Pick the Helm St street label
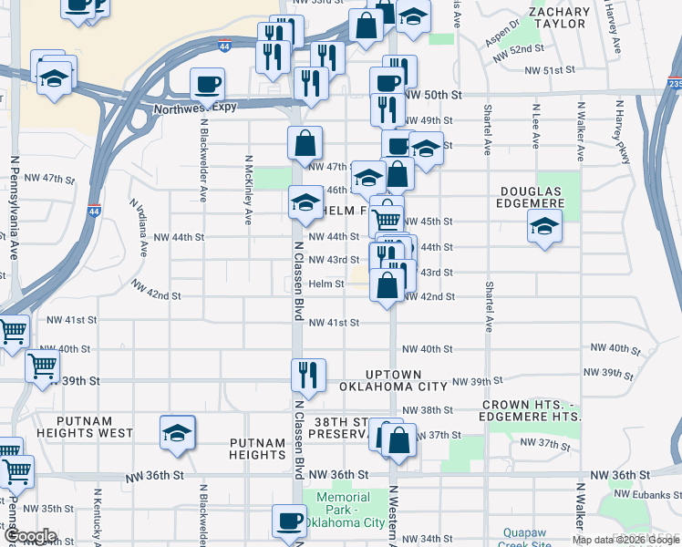pos(325,284)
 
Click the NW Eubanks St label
pos(649,494)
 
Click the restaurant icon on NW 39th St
pos(307,375)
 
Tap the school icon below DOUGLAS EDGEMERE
pos(544,225)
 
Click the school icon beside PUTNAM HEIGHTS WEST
pos(178,432)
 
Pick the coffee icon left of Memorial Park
pos(290,521)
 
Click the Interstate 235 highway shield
pos(673,83)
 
